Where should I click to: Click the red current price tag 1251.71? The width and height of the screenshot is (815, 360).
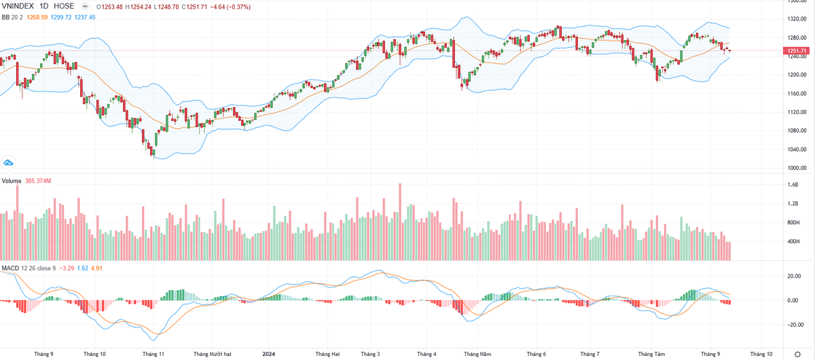coord(796,51)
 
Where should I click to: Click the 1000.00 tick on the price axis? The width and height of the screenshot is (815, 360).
coord(796,168)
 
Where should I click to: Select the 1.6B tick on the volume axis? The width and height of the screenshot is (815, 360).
coord(793,185)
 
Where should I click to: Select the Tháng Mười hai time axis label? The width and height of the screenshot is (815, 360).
coord(212,354)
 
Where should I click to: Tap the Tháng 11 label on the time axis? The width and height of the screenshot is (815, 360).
coord(153,354)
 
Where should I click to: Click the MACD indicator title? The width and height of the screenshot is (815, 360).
coord(10,268)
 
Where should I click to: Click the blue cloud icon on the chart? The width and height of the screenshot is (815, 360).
coord(9,162)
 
